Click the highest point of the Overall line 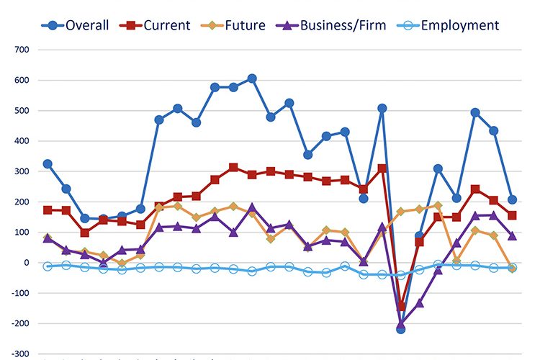(252, 78)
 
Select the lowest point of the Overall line (401, 329)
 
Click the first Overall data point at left (48, 164)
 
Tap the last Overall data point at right (512, 200)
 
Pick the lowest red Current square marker (401, 306)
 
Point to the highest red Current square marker (233, 167)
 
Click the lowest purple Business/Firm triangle (401, 325)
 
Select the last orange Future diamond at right (512, 268)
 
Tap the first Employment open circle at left (48, 266)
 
